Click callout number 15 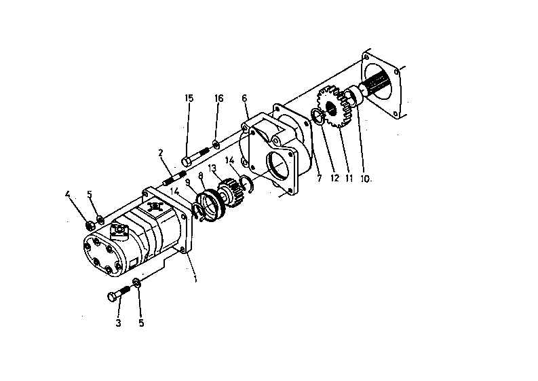[189, 98]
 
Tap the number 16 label [219, 98]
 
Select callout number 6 [244, 98]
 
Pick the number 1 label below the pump [195, 278]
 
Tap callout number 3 [118, 323]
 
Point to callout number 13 [212, 168]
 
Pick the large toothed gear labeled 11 [336, 109]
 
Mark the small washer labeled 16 [215, 143]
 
